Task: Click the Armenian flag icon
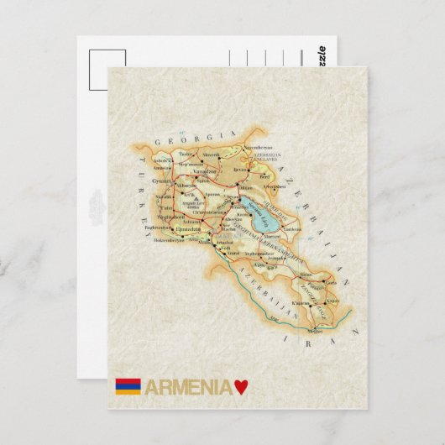point(128,387)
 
